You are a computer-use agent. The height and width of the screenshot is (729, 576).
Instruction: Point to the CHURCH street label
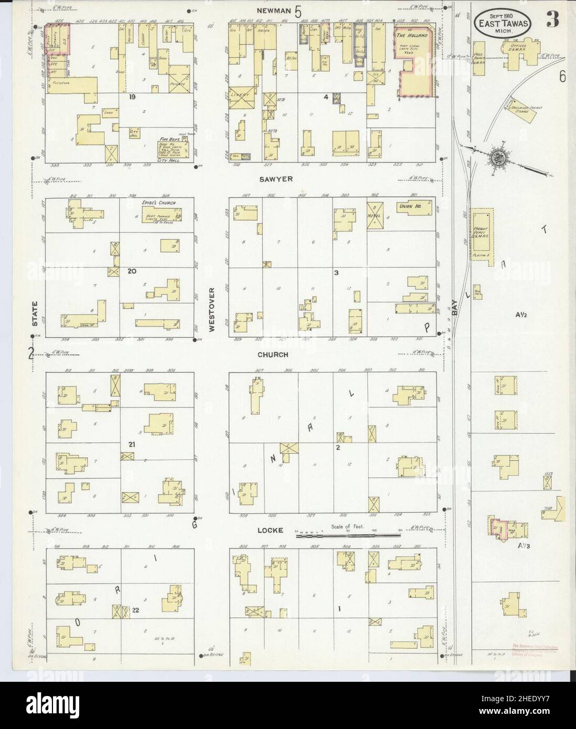[x=272, y=355]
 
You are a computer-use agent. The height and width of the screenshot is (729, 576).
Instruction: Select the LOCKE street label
[x=271, y=530]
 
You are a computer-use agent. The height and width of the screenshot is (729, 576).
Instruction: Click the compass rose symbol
[x=495, y=156]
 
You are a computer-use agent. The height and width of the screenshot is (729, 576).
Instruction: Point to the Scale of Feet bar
[x=346, y=535]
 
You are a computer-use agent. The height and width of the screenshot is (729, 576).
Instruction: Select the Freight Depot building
[x=481, y=233]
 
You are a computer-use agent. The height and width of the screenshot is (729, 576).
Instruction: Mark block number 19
[x=132, y=97]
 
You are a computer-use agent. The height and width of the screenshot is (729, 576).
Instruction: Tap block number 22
[x=135, y=609]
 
